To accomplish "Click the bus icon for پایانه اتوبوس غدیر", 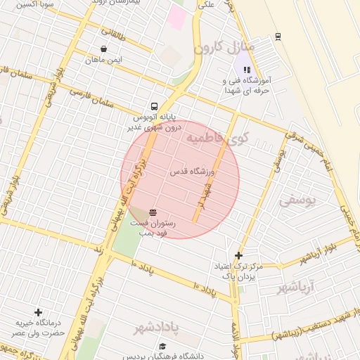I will [x=154, y=106].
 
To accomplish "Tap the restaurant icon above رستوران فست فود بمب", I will [x=153, y=211].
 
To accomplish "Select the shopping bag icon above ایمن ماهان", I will [x=104, y=49].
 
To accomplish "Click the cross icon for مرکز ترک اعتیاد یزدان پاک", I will [x=238, y=255].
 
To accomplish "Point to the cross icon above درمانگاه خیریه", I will [x=38, y=311].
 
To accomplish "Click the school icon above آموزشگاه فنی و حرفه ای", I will [x=246, y=70].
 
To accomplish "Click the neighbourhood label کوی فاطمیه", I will [x=218, y=137].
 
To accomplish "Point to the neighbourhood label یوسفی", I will [x=297, y=201].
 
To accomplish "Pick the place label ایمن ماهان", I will [x=104, y=60].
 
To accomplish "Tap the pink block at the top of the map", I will [x=176, y=18].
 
